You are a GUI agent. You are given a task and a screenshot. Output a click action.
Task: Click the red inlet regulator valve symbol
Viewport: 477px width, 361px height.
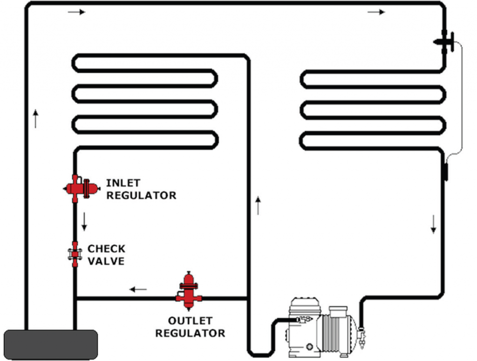[x=81, y=188]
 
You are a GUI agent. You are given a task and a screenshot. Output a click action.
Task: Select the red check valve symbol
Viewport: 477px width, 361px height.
[x=75, y=254]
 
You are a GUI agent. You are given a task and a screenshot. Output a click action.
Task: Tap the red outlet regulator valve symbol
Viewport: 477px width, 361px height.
[x=189, y=291]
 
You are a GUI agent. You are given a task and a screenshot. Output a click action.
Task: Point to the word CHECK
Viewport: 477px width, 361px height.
[x=107, y=249]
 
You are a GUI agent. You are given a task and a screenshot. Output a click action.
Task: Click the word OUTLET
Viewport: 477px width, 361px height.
[x=190, y=321]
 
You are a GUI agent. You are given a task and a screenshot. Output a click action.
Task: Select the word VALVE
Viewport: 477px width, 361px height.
[x=106, y=261]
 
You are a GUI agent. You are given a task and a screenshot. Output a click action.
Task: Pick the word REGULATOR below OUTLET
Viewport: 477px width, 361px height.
[x=190, y=334]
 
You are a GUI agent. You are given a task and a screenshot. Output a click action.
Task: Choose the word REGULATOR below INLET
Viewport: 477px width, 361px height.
[x=141, y=196]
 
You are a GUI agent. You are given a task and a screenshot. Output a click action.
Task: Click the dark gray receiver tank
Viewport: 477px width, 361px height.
[x=51, y=345]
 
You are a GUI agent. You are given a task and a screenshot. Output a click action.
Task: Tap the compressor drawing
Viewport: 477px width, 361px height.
[x=321, y=328]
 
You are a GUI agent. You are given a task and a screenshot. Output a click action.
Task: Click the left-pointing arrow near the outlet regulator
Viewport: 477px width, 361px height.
[x=138, y=289]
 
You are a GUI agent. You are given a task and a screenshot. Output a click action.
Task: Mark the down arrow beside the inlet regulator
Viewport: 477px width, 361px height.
[x=84, y=222]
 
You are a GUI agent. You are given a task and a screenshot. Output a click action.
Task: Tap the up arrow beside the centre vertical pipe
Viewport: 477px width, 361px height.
[x=258, y=205]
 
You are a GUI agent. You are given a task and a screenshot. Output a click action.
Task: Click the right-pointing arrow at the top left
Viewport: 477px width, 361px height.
[x=76, y=12]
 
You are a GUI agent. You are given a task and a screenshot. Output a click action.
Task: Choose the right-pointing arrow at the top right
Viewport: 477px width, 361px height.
[x=376, y=12]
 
